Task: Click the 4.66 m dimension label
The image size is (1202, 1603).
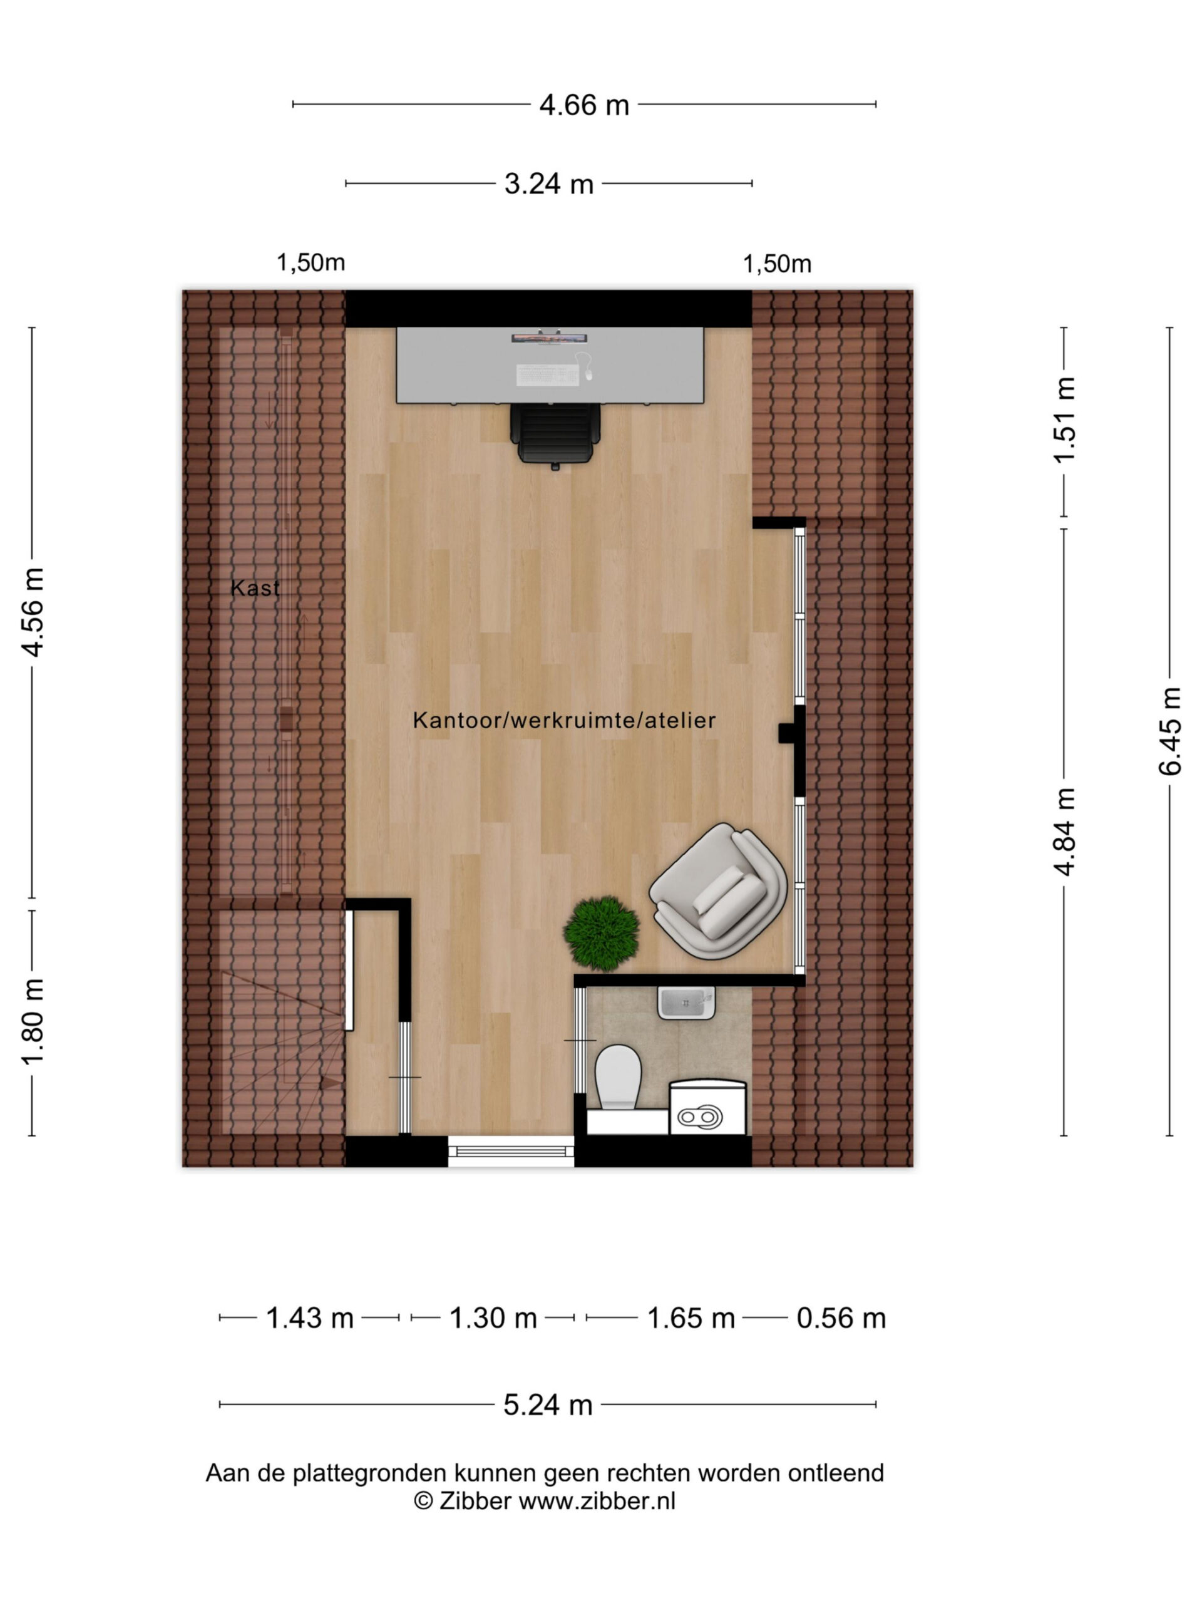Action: click(584, 106)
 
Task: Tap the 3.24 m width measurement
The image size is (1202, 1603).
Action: click(548, 184)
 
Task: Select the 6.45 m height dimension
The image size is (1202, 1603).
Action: click(1169, 731)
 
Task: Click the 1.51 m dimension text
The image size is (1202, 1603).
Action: click(1064, 420)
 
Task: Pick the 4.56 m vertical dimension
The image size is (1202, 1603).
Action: click(33, 613)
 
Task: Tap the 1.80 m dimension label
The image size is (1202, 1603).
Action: click(33, 1022)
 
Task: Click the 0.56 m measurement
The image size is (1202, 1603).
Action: click(841, 1318)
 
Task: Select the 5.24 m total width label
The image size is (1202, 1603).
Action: click(548, 1405)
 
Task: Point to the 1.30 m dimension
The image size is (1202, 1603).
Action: click(493, 1318)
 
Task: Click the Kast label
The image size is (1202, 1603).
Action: click(255, 588)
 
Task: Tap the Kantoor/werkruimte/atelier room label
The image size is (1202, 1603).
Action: click(565, 720)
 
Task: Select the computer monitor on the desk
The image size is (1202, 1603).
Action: click(549, 337)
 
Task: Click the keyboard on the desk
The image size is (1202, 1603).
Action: click(547, 374)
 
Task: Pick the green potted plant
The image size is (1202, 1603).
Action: click(602, 934)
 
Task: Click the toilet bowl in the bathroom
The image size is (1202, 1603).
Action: click(618, 1078)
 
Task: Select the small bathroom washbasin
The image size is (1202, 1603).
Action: click(686, 1003)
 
